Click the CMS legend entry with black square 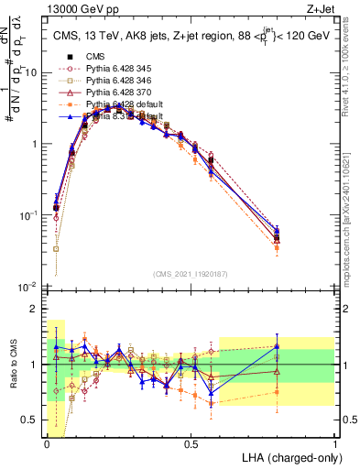(x=94, y=58)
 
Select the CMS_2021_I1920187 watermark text (x=191, y=275)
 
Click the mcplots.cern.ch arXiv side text (x=352, y=211)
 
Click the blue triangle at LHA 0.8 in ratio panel (x=277, y=346)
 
